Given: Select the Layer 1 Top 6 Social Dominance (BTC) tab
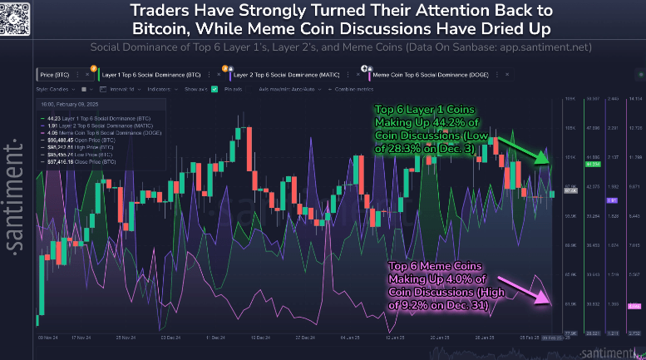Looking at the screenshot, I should click(158, 75).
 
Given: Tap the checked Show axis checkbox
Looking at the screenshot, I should click(215, 88).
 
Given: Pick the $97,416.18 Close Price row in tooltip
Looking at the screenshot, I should click(80, 161).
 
